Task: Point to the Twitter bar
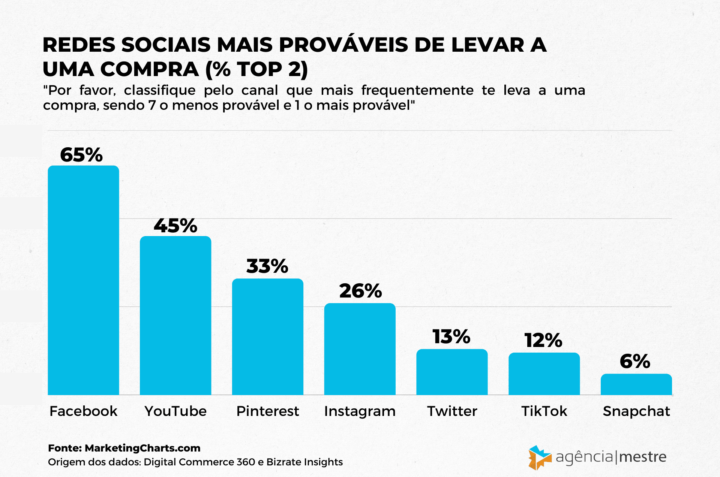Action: coord(452,372)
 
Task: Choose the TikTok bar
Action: coord(544,374)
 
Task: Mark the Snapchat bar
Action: coord(636,384)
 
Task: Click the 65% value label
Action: coord(81,155)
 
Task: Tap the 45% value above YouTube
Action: coord(175,226)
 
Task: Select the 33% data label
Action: coord(267,266)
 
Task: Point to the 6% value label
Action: coord(635,361)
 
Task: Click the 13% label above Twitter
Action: coord(451,336)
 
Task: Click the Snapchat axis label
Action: coord(636,411)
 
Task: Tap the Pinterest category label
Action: coord(267,411)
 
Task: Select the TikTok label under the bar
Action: coord(544,411)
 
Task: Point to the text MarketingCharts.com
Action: coord(142,448)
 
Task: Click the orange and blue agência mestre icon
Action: coord(539,458)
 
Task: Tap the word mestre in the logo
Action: coord(642,457)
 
